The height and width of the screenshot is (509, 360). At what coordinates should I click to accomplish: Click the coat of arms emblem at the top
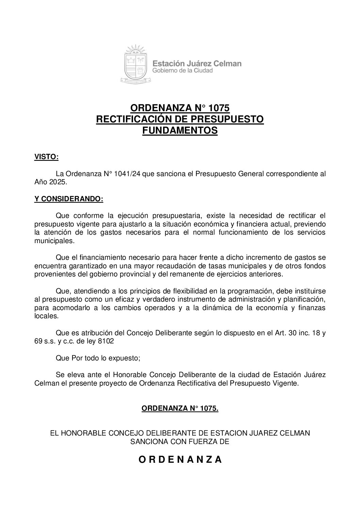pyautogui.click(x=135, y=64)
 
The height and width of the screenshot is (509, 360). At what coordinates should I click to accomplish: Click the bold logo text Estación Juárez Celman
pyautogui.click(x=197, y=63)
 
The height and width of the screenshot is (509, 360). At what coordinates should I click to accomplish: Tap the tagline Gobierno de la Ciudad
pyautogui.click(x=182, y=71)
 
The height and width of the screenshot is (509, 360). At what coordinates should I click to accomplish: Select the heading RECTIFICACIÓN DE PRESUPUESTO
pyautogui.click(x=180, y=119)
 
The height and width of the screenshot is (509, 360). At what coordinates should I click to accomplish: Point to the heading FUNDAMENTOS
pyautogui.click(x=180, y=131)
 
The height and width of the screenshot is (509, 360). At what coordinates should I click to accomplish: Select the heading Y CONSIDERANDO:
pyautogui.click(x=68, y=199)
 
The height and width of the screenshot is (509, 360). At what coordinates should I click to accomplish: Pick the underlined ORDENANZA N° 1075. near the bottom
pyautogui.click(x=180, y=408)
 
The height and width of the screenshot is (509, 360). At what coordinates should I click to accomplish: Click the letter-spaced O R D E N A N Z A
pyautogui.click(x=180, y=460)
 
